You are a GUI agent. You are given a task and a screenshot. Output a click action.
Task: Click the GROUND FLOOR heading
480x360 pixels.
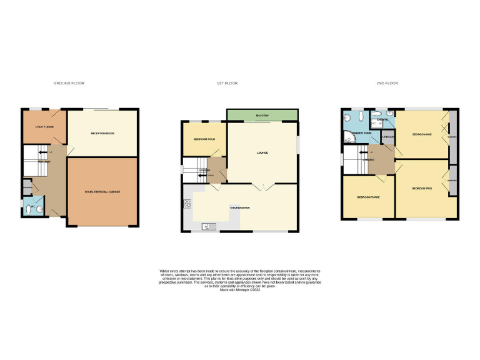69,83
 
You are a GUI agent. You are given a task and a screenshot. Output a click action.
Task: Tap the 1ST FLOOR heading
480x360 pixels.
227,83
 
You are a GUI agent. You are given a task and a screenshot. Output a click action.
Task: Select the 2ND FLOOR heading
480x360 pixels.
387,83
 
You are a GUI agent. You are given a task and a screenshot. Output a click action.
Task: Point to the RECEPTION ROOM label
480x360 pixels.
102,134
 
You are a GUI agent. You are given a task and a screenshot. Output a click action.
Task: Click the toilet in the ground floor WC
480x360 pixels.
38,209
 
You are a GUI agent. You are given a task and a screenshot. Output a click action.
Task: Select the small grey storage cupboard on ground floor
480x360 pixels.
27,186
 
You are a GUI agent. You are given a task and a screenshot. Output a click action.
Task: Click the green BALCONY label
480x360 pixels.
262,116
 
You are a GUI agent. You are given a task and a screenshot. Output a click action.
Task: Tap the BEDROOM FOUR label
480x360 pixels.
204,139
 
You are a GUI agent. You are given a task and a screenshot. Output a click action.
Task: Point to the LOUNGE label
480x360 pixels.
262,152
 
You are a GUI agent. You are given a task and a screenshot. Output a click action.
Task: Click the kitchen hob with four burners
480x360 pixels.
186,204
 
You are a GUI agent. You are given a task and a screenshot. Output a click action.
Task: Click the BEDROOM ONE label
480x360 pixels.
422,134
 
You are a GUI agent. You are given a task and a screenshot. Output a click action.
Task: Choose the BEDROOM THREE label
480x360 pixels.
368,197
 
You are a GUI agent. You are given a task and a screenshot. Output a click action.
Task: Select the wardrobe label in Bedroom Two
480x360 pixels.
452,181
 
